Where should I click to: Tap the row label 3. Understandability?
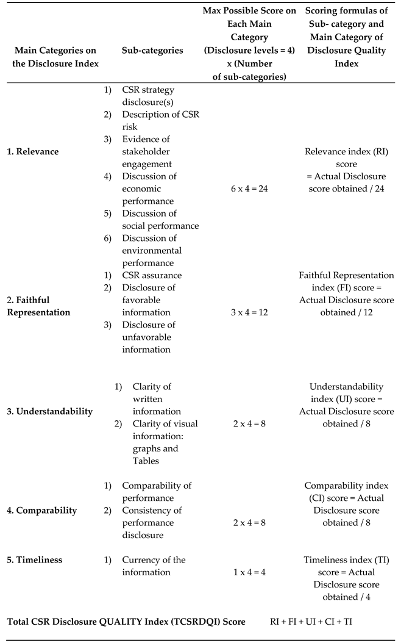[x=50, y=411]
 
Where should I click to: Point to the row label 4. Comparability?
[x=42, y=510]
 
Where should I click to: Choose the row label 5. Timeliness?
[x=35, y=560]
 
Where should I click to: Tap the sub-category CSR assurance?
[x=152, y=275]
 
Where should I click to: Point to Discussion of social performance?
[x=160, y=220]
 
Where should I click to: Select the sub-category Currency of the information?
[x=154, y=566]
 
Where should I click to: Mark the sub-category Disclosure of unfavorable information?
[x=149, y=337]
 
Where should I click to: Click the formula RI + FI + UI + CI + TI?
[x=311, y=622]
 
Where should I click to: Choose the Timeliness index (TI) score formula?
[x=346, y=578]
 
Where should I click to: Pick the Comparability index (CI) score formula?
[x=346, y=504]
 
